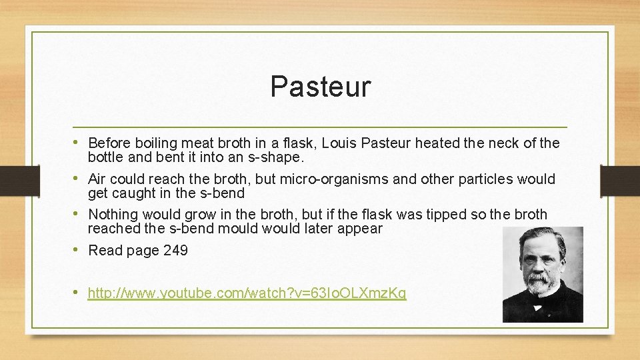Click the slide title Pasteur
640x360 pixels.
coord(320,87)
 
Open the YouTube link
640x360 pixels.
coord(247,293)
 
